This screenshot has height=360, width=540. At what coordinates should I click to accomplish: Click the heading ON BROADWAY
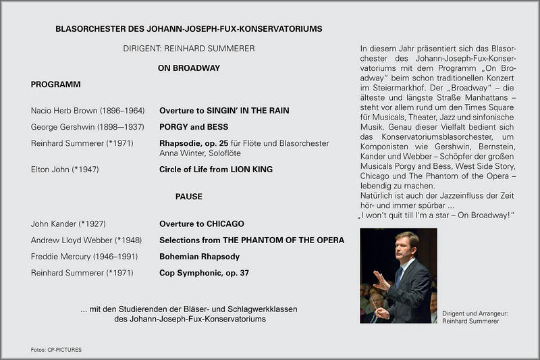coord(188,68)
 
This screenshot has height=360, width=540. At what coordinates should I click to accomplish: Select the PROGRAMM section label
coord(56,84)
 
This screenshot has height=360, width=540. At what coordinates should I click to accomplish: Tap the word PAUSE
coord(188,197)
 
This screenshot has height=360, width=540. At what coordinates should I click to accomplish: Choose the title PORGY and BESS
coord(194,127)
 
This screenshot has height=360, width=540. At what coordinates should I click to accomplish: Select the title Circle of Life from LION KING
coord(216,170)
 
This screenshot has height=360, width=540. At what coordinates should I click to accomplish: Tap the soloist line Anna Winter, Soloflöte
coord(200,153)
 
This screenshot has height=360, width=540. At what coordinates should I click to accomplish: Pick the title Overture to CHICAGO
coord(202,224)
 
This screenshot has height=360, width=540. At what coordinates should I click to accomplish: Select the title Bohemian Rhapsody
coord(199,257)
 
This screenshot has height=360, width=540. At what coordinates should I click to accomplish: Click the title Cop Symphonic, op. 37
coord(204,273)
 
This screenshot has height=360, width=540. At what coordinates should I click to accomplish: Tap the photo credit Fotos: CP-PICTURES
coord(56,350)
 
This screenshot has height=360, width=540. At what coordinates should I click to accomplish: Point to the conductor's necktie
coord(400,276)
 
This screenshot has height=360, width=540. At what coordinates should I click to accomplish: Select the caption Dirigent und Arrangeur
coord(473,314)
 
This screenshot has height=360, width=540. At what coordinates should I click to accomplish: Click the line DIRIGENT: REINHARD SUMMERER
coord(189,49)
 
